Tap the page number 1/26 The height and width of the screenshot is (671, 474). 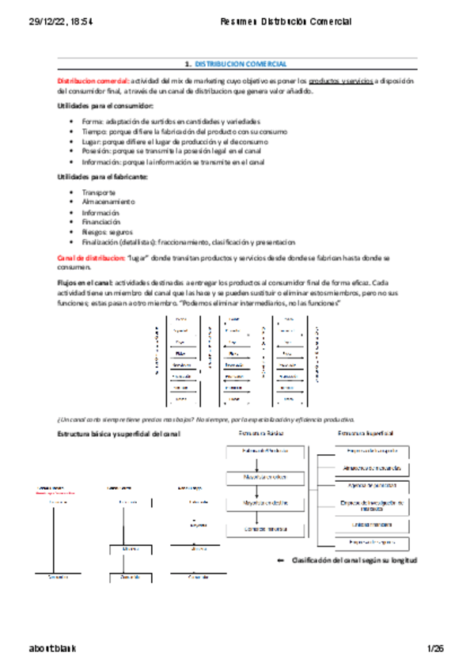(x=435, y=649)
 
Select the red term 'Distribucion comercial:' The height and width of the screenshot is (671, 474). (x=93, y=81)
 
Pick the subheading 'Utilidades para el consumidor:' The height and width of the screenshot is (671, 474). (x=105, y=106)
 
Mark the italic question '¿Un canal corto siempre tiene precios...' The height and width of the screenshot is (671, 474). (x=206, y=419)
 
